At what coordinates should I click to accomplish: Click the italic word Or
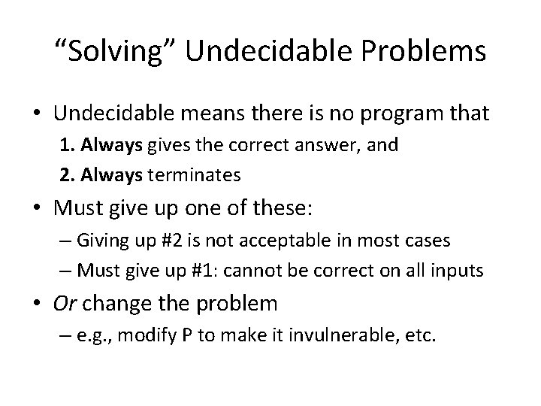pos(63,304)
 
